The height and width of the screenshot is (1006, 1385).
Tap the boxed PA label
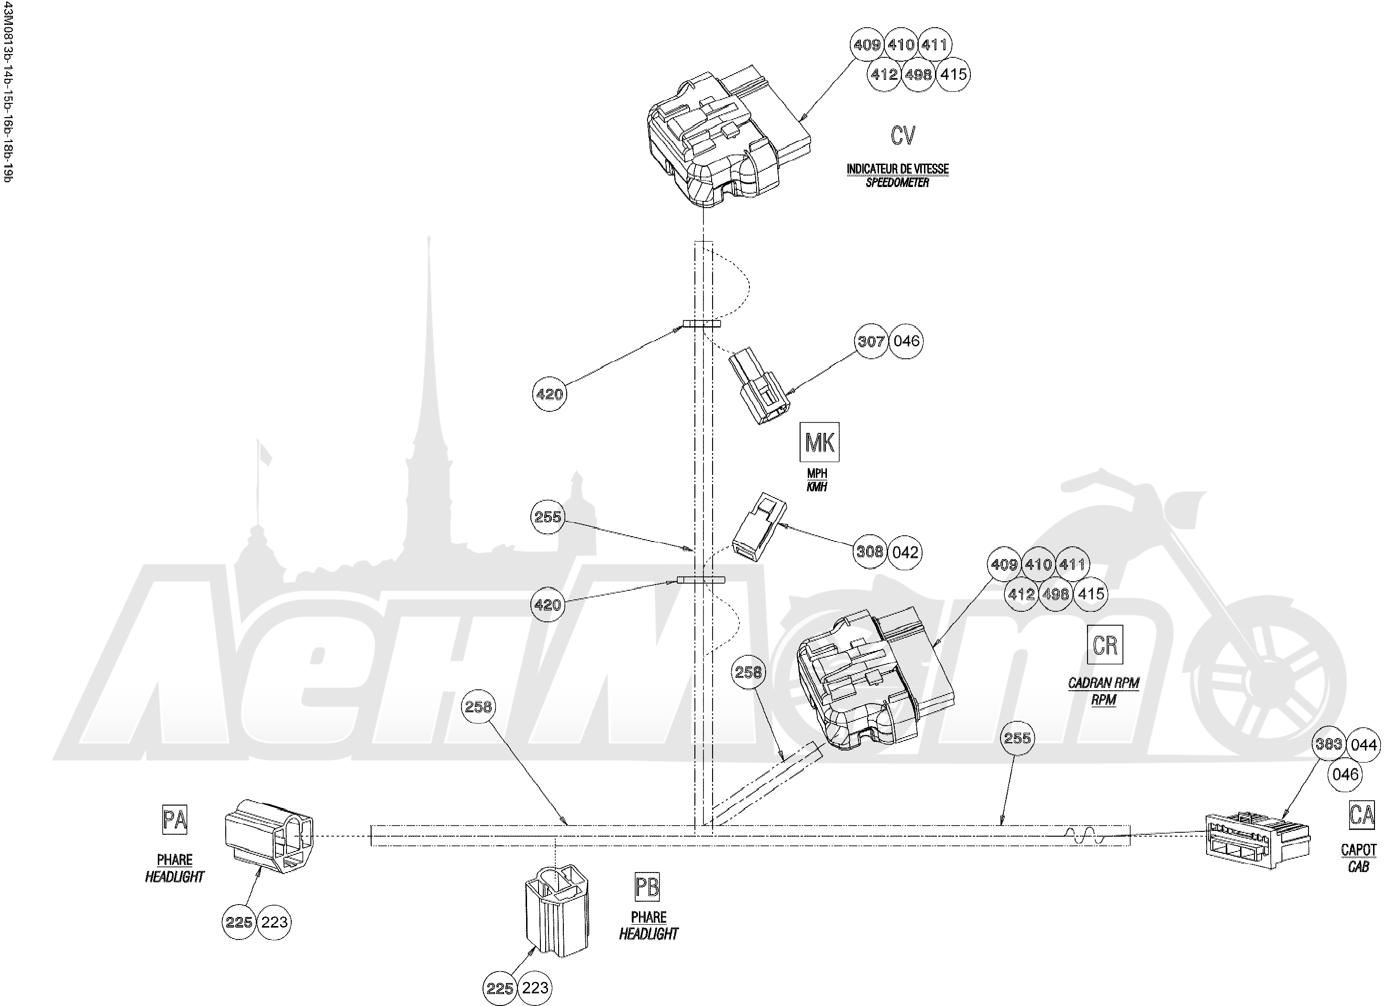(175, 820)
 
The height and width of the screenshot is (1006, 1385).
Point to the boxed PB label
(648, 887)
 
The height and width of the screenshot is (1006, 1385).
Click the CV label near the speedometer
(902, 135)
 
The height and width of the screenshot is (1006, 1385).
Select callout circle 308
(869, 552)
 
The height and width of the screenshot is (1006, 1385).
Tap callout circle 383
(1329, 743)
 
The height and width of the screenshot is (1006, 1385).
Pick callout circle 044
(1363, 745)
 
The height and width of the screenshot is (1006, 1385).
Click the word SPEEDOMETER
(897, 183)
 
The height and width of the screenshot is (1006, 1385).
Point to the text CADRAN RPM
(1103, 683)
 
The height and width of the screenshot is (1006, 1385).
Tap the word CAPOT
(1359, 850)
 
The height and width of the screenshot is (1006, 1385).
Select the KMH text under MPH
(816, 487)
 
